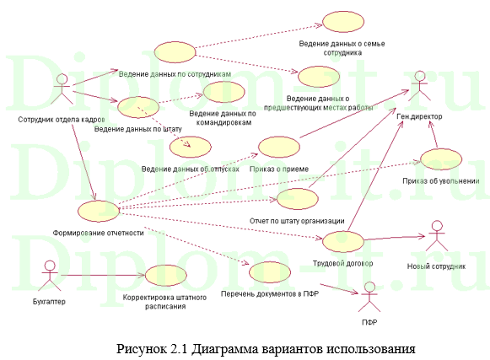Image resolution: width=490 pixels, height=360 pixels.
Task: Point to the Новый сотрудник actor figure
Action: (x=437, y=238)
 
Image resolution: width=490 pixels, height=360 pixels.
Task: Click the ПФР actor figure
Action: (x=367, y=302)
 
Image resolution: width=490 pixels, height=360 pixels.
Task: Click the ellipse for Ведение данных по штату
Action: (x=139, y=107)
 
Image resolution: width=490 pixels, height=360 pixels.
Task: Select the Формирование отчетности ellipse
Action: (x=98, y=211)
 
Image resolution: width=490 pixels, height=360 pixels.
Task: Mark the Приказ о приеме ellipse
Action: (x=278, y=148)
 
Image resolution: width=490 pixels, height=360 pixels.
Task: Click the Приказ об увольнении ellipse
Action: (x=439, y=159)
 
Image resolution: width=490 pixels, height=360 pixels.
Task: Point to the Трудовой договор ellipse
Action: (x=345, y=241)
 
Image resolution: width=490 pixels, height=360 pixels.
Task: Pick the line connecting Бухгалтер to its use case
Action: (x=101, y=277)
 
